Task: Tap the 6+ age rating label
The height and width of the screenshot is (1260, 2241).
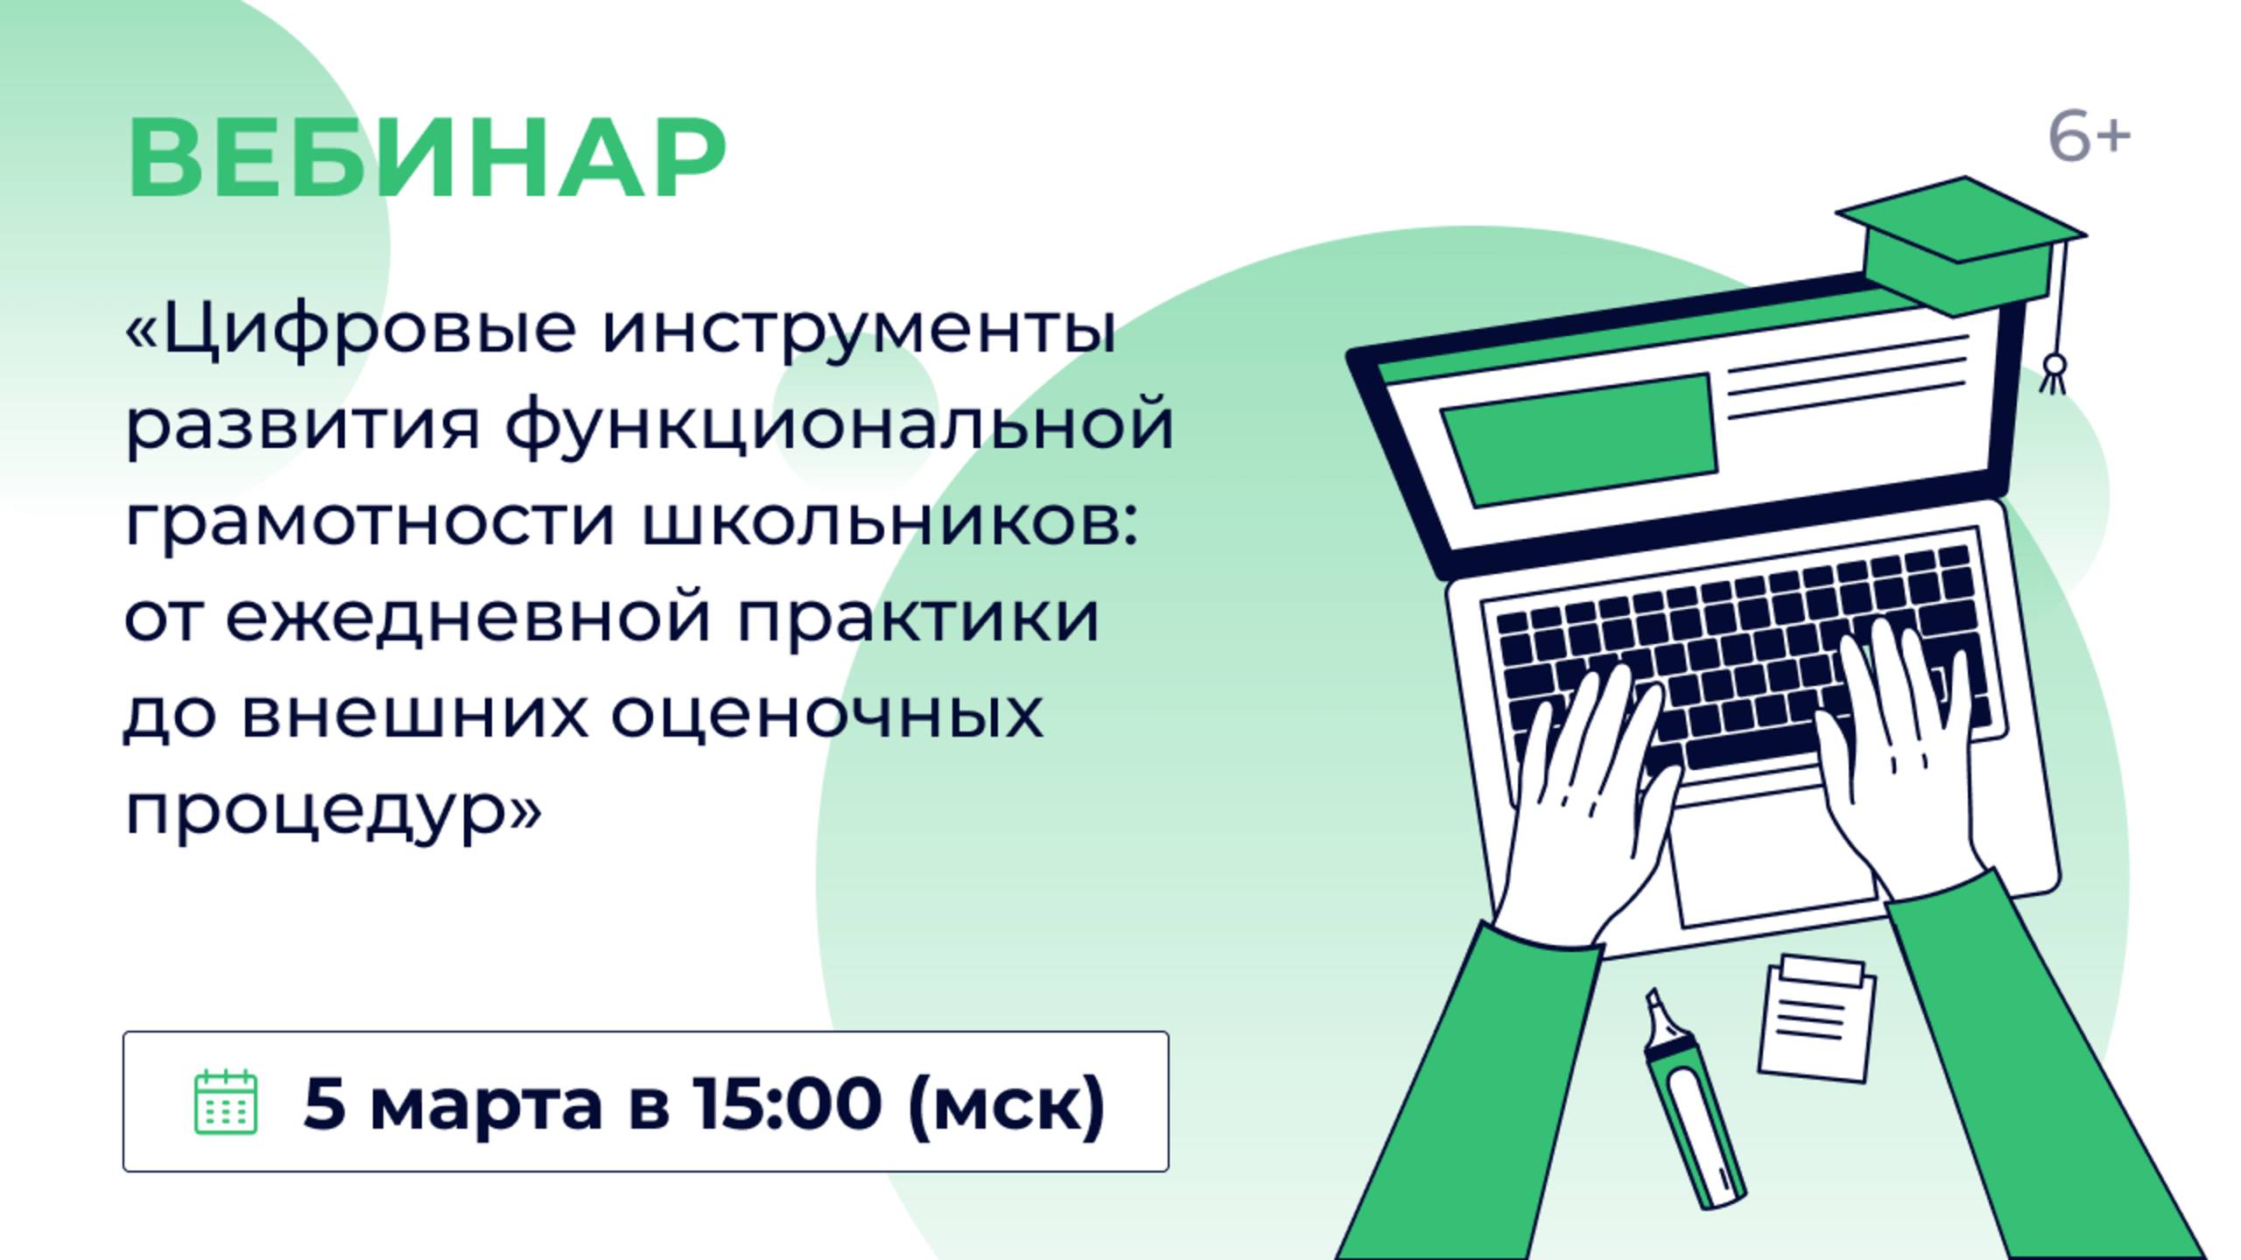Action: point(2089,138)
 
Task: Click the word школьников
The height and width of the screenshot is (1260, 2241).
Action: point(889,522)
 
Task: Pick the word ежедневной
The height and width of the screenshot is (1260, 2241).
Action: point(468,618)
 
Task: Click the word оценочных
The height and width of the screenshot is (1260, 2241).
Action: point(826,714)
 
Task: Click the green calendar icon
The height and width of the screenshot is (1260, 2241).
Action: point(225,1102)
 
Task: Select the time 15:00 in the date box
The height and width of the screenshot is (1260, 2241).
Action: point(786,1102)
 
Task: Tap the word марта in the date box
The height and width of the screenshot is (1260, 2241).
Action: point(487,1102)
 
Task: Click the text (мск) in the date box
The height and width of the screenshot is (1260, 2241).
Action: point(1007,1102)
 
